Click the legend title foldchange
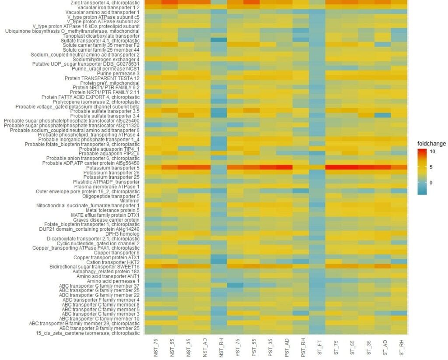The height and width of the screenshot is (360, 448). (432, 143)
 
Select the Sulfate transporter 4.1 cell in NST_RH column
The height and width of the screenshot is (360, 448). (222, 40)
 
